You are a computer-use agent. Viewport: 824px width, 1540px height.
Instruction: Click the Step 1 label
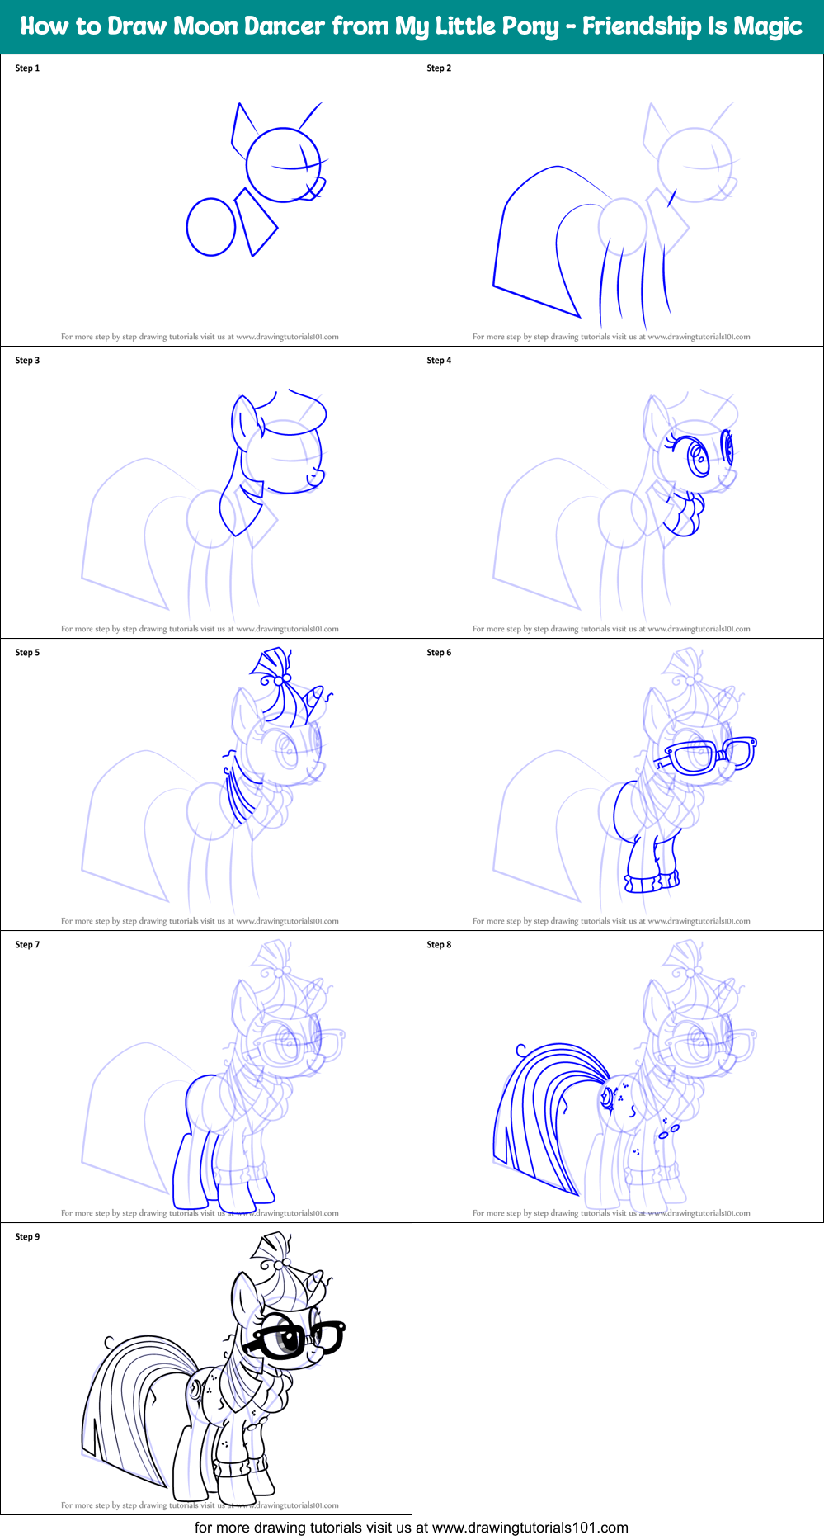click(x=27, y=68)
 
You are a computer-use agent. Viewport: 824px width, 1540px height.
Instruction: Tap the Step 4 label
click(x=439, y=361)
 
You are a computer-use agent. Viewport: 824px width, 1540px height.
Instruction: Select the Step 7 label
click(x=27, y=945)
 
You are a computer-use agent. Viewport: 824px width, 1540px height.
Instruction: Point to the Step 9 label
click(x=27, y=1237)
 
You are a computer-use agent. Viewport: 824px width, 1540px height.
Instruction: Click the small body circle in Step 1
click(x=212, y=227)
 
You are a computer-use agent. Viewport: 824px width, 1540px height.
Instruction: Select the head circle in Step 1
click(x=283, y=165)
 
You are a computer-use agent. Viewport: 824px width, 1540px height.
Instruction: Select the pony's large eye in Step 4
click(x=699, y=459)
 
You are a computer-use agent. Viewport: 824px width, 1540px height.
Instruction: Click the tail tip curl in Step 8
click(x=521, y=1051)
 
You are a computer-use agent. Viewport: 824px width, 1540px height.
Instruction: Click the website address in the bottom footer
click(x=530, y=1528)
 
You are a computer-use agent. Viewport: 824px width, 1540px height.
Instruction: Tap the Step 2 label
click(x=439, y=68)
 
